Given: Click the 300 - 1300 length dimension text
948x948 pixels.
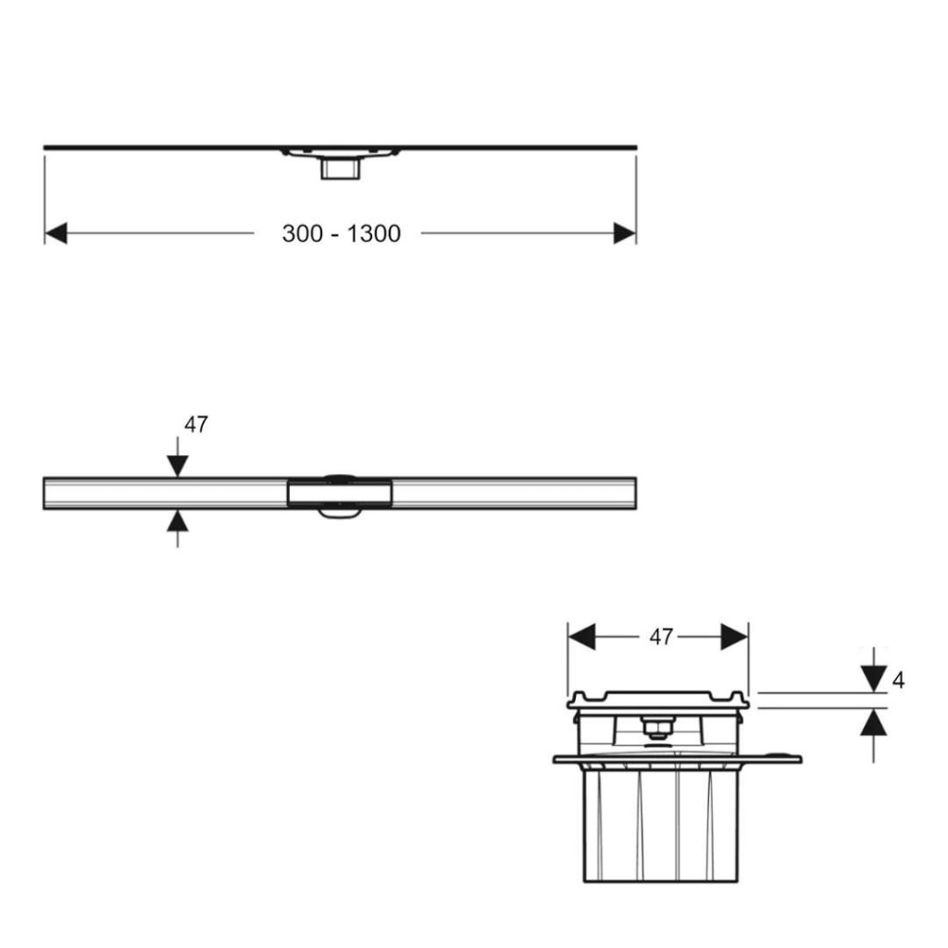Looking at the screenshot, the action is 341,233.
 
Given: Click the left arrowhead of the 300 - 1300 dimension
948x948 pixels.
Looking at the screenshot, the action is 56,233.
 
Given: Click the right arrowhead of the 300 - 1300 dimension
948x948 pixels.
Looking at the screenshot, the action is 625,233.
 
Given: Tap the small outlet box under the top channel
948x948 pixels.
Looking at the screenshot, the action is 341,168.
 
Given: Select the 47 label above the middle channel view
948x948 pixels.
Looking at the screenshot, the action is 196,424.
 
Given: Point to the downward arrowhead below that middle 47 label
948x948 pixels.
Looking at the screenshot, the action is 177,467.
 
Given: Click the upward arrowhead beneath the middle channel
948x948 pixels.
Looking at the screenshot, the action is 177,520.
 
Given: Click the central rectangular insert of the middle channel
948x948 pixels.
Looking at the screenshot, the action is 340,493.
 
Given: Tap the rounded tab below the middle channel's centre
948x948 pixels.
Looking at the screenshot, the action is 340,512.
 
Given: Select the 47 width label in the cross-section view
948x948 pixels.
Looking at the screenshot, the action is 661,637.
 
